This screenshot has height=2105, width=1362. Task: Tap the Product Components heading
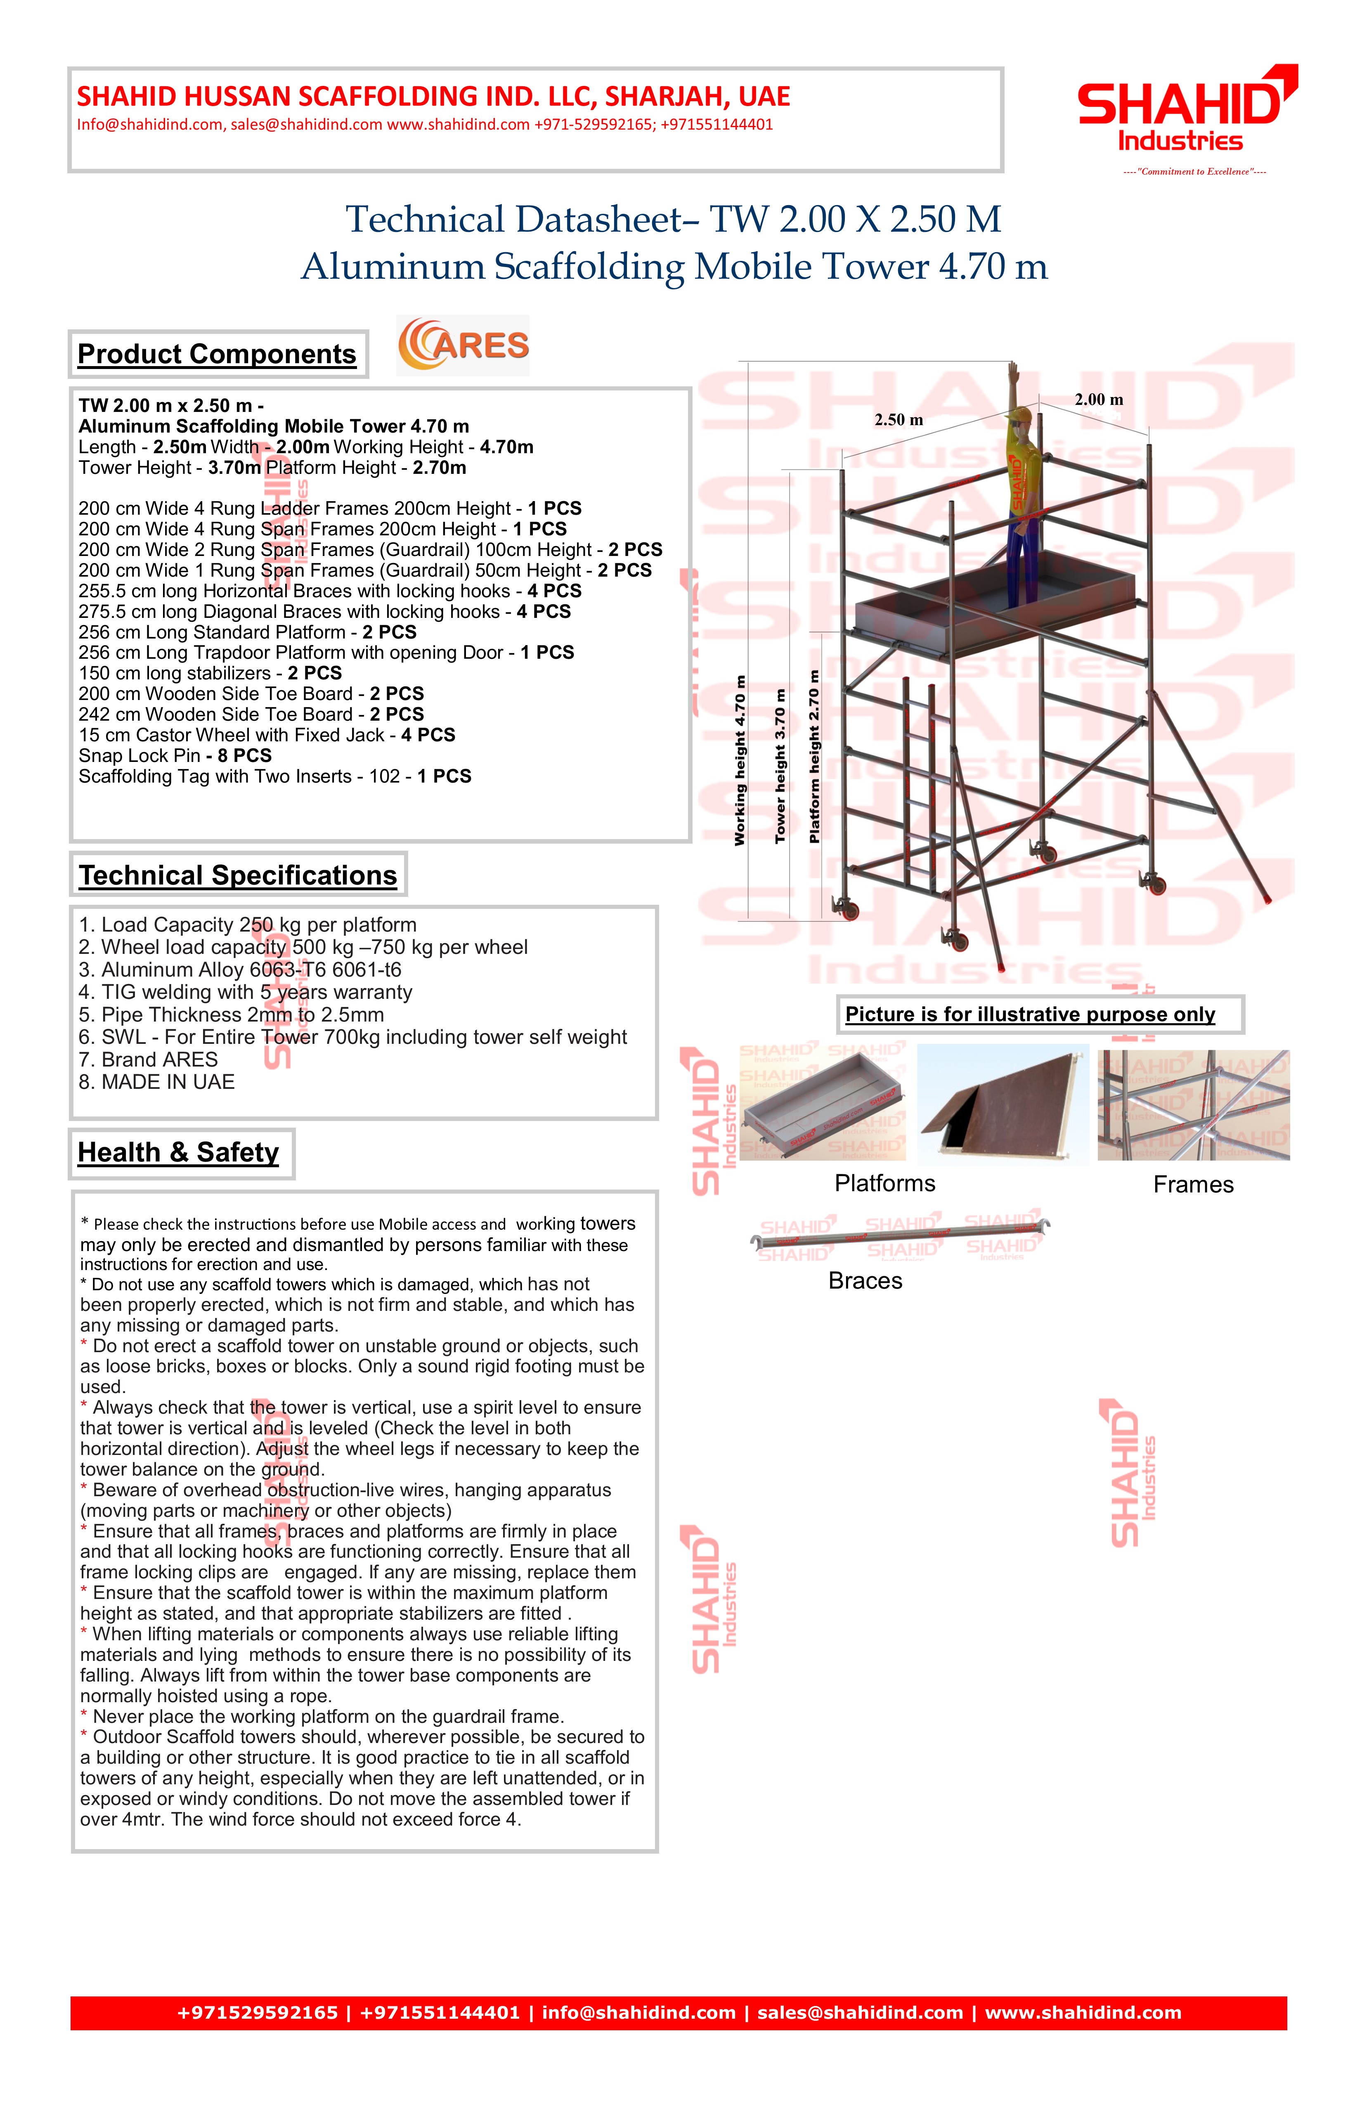[x=217, y=354]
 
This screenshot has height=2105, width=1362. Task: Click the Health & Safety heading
[x=179, y=1152]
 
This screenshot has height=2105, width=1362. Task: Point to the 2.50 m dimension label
[x=899, y=420]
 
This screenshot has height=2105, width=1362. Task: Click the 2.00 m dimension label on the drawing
[x=1098, y=400]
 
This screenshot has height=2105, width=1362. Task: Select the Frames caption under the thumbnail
[x=1193, y=1185]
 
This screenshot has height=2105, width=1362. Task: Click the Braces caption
[x=865, y=1282]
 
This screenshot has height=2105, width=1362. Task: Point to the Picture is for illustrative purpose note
[x=1030, y=1015]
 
